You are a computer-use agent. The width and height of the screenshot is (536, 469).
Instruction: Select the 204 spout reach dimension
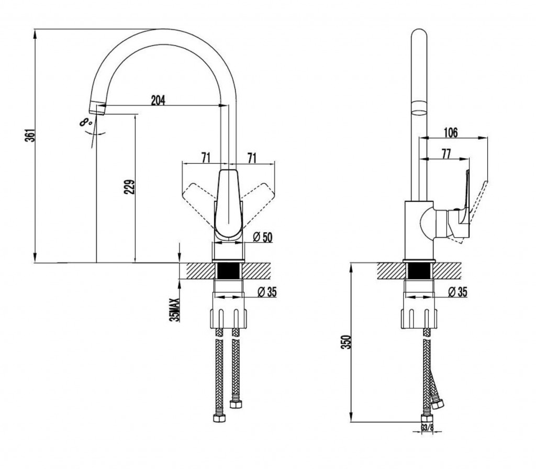point(158,100)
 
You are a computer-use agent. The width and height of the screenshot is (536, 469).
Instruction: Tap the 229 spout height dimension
point(130,187)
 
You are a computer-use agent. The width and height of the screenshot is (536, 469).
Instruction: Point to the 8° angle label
point(86,121)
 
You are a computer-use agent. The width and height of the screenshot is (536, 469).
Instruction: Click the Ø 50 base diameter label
point(263,237)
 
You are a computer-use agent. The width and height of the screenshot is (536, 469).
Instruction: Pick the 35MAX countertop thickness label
point(174,310)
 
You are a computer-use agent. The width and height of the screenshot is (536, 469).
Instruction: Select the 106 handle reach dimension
point(451,132)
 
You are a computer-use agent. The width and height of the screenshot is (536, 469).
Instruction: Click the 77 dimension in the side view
point(446,154)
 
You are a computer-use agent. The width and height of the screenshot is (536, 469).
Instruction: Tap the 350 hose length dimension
point(346,342)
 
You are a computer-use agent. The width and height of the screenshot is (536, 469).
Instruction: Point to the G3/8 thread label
point(427,427)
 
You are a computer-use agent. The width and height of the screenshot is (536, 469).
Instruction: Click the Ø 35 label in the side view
point(457,292)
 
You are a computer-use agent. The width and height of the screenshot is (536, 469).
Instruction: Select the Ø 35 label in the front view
point(266,292)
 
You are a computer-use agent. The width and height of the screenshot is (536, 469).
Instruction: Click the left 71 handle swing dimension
point(205,158)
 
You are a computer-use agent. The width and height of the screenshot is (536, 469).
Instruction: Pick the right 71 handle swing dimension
point(252,158)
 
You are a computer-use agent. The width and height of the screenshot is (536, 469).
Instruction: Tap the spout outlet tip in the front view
point(97,109)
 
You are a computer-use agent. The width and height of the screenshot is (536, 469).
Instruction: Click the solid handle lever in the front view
point(228,203)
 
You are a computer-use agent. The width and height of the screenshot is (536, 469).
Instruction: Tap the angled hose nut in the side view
point(437,404)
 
